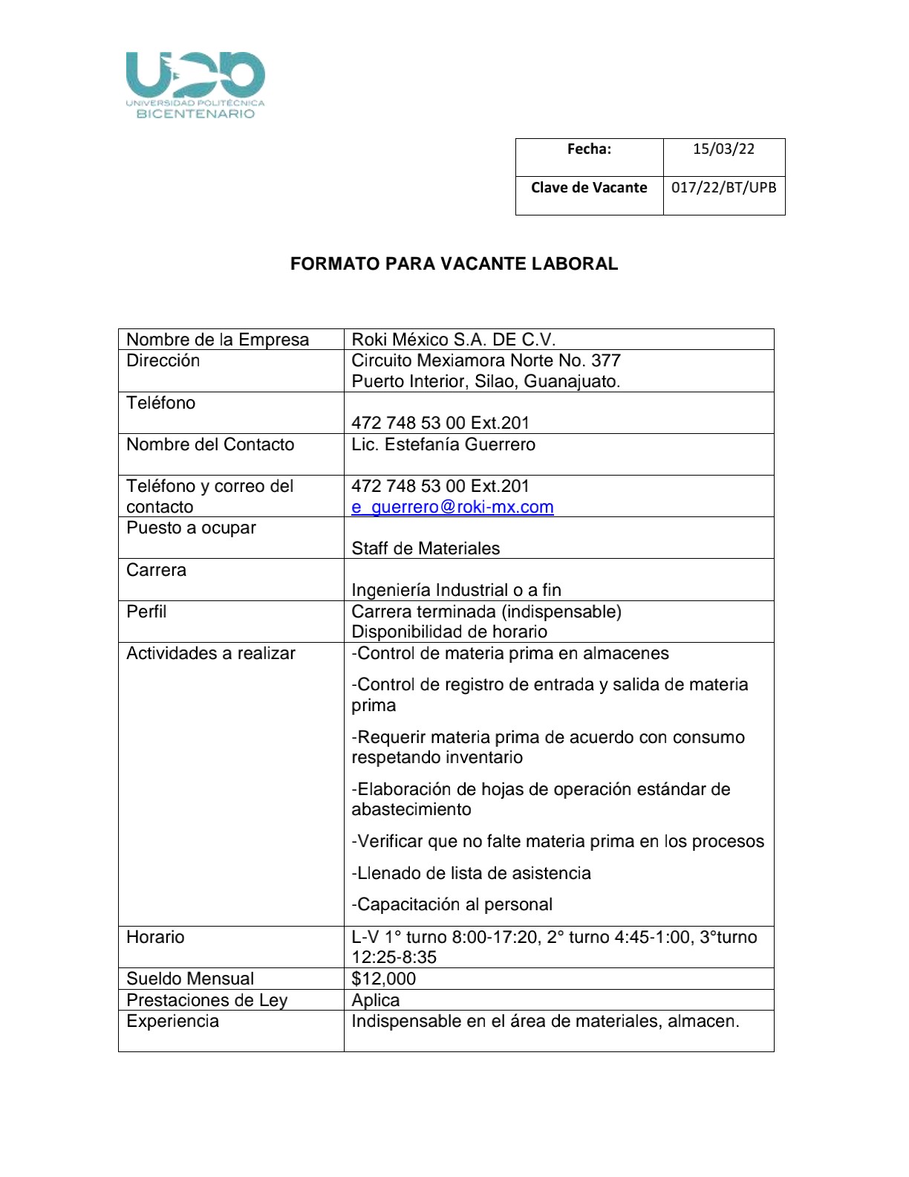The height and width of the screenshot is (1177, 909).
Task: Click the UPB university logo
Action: click(195, 85)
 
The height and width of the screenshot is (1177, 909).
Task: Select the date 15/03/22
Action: click(723, 149)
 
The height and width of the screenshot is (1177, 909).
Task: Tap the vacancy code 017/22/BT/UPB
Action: click(723, 187)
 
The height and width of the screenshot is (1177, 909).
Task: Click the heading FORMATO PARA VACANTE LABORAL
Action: click(454, 264)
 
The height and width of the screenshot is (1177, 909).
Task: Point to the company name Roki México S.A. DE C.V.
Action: click(453, 340)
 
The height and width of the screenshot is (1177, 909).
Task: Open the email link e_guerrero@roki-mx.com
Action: click(452, 507)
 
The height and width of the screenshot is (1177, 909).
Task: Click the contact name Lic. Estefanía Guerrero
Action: click(443, 444)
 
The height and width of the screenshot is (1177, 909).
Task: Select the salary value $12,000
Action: click(383, 979)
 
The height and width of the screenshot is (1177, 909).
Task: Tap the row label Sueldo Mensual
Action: click(190, 979)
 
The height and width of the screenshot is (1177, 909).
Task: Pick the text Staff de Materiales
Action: click(426, 548)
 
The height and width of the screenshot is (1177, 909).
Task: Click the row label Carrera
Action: click(156, 570)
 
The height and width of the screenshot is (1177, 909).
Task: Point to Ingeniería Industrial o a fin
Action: click(456, 590)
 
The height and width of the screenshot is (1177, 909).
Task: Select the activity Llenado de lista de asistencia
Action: click(471, 873)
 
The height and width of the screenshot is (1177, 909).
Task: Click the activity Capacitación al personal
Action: click(452, 904)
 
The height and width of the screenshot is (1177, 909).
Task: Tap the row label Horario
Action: click(155, 937)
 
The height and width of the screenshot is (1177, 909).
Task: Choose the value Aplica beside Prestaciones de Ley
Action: click(375, 1000)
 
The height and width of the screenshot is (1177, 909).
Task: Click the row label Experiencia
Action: click(172, 1021)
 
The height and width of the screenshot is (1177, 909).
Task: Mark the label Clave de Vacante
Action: click(589, 187)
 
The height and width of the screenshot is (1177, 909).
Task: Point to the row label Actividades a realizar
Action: click(211, 653)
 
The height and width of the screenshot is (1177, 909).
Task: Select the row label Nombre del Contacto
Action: click(210, 444)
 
